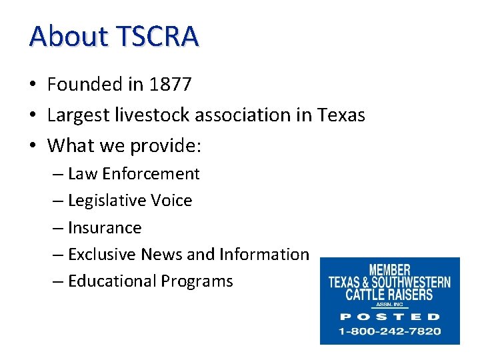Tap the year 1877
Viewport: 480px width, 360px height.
[x=171, y=85]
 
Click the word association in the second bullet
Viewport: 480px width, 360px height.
[x=247, y=115]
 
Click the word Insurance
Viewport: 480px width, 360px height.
[x=105, y=228]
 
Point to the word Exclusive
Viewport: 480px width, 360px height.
[x=100, y=255]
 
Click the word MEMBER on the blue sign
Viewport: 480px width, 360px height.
[x=389, y=271]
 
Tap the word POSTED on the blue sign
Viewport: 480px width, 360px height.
[x=390, y=317]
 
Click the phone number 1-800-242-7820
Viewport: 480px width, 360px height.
[x=390, y=331]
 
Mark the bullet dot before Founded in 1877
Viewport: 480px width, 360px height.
[x=33, y=85]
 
